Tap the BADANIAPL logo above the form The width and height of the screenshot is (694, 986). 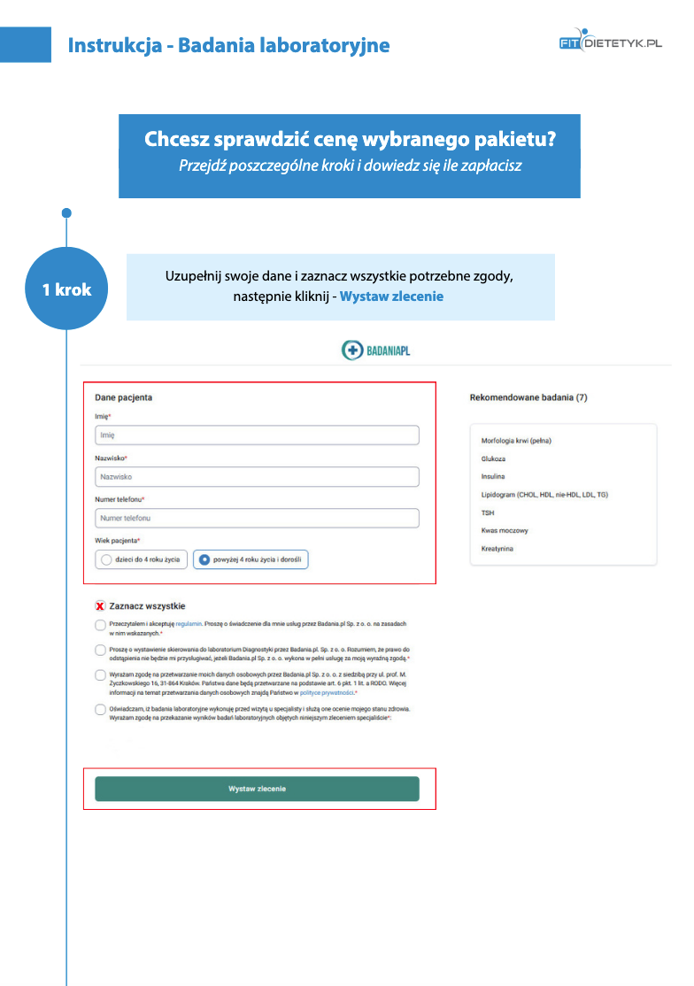coord(376,350)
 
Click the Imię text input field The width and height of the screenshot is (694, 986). coord(257,435)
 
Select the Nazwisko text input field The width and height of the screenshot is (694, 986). coord(257,477)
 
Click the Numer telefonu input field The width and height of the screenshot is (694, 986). coord(257,518)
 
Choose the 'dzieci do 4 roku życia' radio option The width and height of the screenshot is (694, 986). coord(107,559)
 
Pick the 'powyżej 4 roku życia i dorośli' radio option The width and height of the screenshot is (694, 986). coord(204,559)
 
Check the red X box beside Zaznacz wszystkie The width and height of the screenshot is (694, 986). coord(100,606)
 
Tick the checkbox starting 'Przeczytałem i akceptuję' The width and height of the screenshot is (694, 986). coord(100,625)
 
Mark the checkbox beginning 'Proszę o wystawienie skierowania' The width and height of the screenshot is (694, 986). coord(100,651)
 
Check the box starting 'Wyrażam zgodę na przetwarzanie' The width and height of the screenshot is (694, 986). coord(100,675)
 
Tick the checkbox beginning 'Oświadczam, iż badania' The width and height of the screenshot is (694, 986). coord(100,710)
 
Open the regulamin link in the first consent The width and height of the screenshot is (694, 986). coord(188,624)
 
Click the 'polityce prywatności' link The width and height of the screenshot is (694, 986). coord(328,693)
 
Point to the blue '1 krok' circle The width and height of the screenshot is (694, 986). coord(66,289)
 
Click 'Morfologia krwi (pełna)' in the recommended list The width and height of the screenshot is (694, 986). coord(516,441)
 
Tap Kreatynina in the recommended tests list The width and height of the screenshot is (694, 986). coord(497,549)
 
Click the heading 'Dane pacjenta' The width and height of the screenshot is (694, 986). coord(123,398)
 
